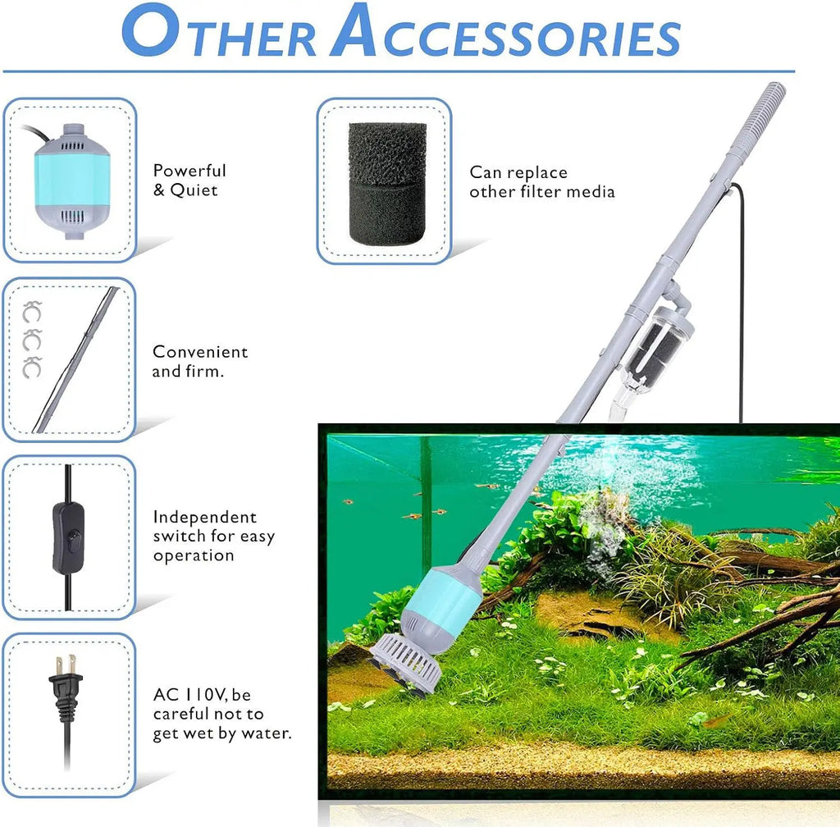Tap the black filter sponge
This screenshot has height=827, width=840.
click(387, 182)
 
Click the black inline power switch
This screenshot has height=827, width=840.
click(68, 537)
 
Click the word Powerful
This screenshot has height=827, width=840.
click(189, 171)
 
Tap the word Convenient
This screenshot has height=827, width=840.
click(200, 352)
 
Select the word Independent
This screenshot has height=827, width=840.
click(204, 517)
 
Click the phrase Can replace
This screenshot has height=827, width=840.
click(518, 172)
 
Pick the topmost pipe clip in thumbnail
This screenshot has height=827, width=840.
click(32, 312)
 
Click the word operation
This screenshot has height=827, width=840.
click(194, 555)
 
